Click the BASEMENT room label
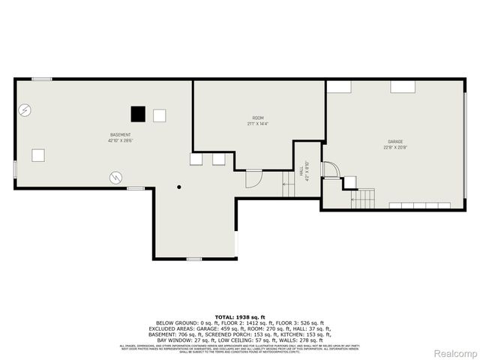coord(120,135)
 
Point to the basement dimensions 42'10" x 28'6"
coord(120,141)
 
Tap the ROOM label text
coord(258,118)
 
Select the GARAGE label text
coord(395,141)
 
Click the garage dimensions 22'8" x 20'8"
coord(395,147)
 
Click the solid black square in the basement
coord(137,114)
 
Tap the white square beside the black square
coord(159,115)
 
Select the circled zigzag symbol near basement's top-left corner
coord(25,110)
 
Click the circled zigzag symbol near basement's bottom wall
coord(115,177)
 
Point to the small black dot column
coord(178,187)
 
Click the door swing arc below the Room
coord(253,178)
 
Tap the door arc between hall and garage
coord(329,169)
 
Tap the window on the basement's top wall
coord(42,79)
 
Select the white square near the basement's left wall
coord(38,155)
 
